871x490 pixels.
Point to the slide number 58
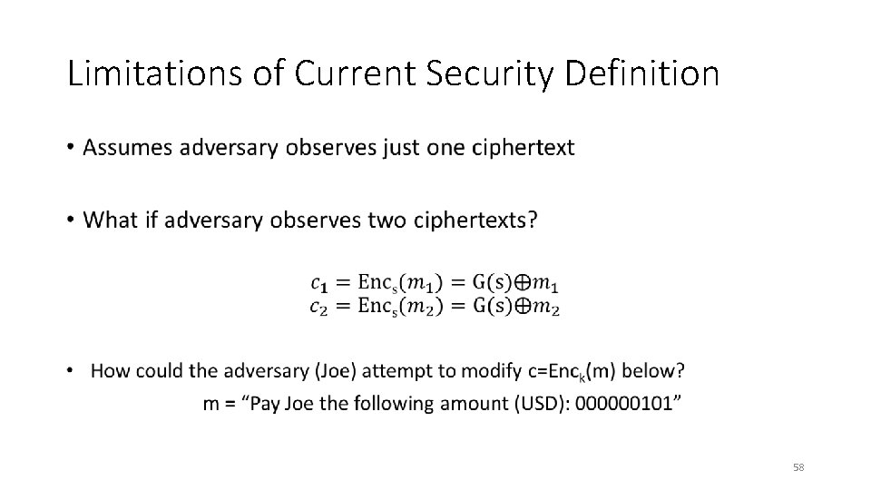pos(798,467)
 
